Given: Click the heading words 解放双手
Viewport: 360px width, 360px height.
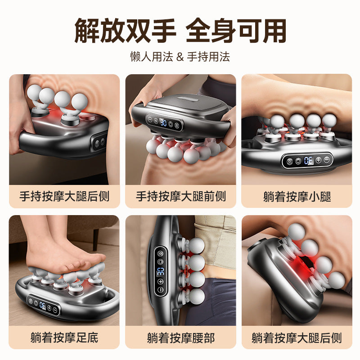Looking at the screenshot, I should tap(125, 31).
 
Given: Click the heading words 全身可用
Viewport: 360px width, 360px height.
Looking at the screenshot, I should tap(236, 31).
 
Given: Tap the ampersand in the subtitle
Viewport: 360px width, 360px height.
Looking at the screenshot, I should tap(180, 57).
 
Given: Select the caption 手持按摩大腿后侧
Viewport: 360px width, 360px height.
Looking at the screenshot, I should tap(64, 196).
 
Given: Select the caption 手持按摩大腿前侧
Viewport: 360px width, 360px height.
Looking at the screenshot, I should tap(180, 196).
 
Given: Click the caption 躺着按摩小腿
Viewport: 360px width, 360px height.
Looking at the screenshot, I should tap(297, 196).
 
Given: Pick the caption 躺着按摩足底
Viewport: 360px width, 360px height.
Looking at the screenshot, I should tap(64, 337).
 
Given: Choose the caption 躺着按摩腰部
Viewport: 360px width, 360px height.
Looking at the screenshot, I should tap(180, 337).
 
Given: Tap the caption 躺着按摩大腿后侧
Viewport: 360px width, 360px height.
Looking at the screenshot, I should tap(297, 337).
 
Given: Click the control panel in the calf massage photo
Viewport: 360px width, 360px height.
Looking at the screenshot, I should tap(308, 160).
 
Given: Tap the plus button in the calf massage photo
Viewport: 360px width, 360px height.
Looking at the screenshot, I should tap(318, 160).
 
